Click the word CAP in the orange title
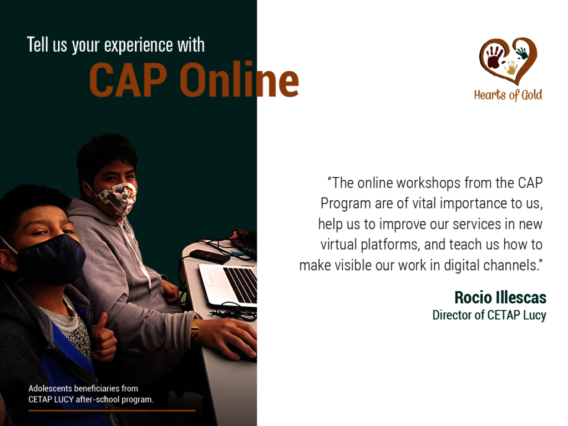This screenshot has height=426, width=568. click(129, 80)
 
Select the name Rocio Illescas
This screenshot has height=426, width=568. click(500, 297)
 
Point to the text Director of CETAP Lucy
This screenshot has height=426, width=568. click(489, 315)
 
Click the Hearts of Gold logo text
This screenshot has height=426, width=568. click(508, 95)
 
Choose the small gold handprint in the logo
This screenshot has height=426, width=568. click(511, 68)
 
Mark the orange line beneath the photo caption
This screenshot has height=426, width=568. click(112, 410)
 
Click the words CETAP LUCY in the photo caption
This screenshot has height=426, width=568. click(51, 399)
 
